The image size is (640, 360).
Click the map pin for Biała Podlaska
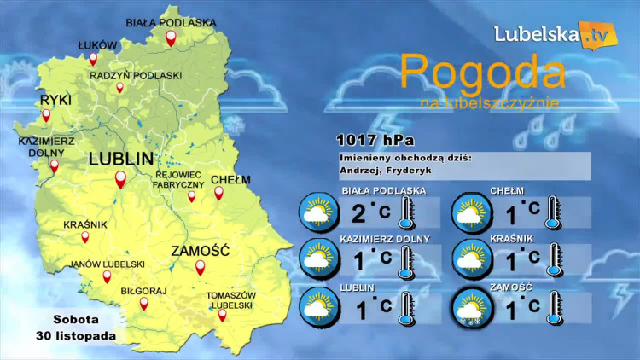[x=171, y=38]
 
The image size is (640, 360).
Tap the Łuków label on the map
[x=96, y=44]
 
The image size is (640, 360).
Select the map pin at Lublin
[x=120, y=179]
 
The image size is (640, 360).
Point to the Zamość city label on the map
[x=201, y=251]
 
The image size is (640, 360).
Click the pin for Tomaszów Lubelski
[x=223, y=315]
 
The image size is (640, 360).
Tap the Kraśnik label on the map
[x=85, y=225]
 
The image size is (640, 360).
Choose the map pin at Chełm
[x=218, y=194]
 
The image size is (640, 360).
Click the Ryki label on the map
[x=55, y=101]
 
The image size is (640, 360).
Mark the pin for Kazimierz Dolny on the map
[x=54, y=165]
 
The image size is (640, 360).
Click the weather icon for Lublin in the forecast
[x=318, y=306]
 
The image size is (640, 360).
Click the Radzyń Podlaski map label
[x=136, y=75]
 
